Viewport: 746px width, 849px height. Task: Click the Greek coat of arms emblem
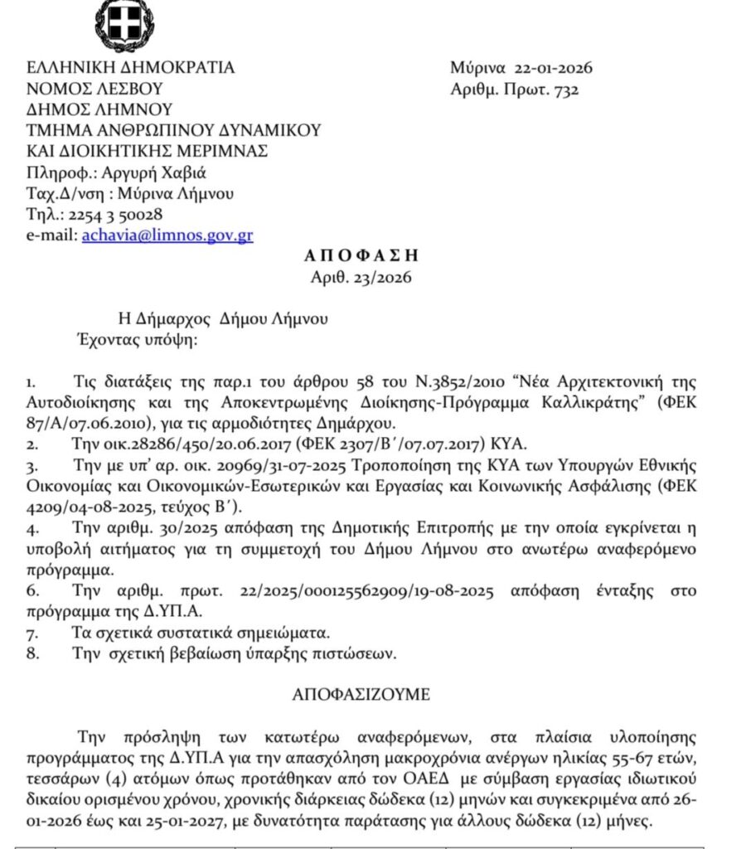tap(125, 25)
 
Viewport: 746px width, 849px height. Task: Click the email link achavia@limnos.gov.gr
tap(167, 235)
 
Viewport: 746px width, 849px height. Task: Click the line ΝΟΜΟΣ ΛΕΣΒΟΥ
tap(94, 89)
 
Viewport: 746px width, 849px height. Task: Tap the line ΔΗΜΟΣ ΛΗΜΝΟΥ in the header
tap(99, 109)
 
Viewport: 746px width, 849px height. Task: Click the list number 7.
tap(31, 633)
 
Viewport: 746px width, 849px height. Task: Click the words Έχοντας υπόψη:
tap(133, 339)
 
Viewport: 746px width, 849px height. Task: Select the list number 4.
tap(31, 530)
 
